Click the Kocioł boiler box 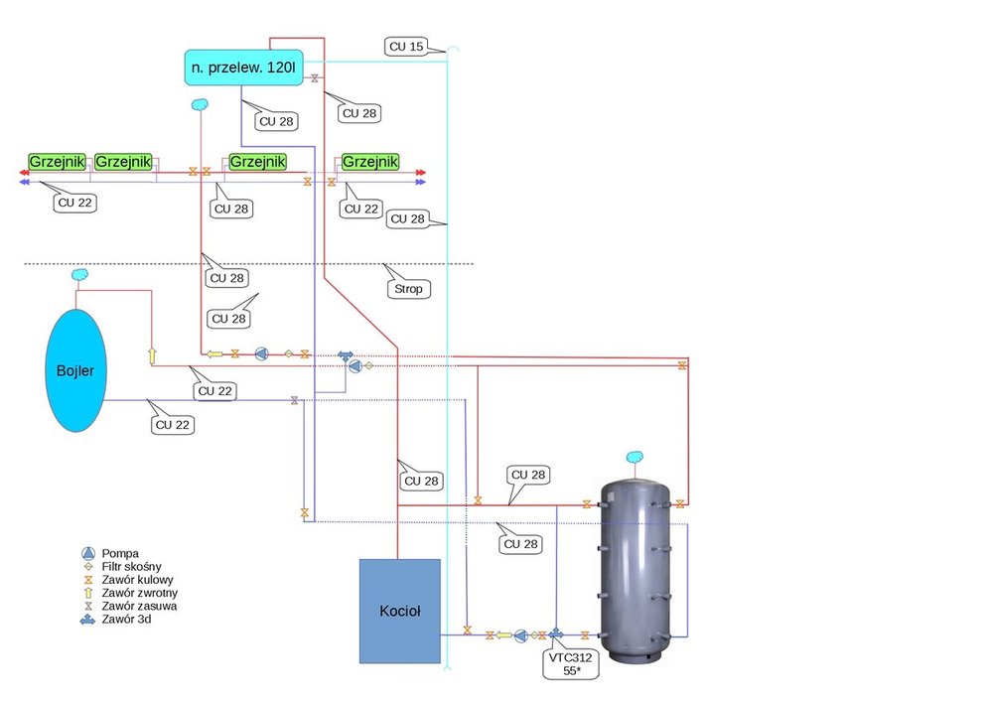399,612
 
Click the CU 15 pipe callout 404,46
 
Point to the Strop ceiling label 407,289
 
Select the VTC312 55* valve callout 563,663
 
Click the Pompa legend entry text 119,552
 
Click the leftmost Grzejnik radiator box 57,161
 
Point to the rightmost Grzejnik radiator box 370,161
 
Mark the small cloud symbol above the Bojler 80,274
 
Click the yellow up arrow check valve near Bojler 153,354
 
